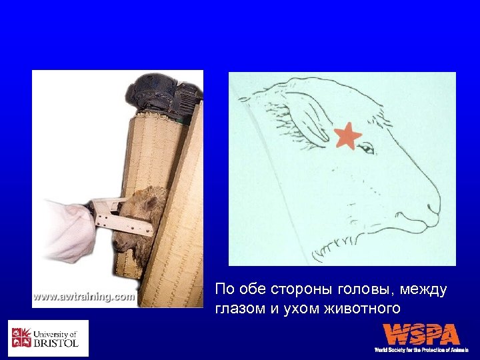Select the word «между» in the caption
pyautogui.click(x=423, y=290)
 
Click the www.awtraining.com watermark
pyautogui.click(x=83, y=297)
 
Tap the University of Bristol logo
pyautogui.click(x=48, y=338)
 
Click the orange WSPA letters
pyautogui.click(x=421, y=334)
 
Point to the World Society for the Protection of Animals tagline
pyautogui.click(x=421, y=350)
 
